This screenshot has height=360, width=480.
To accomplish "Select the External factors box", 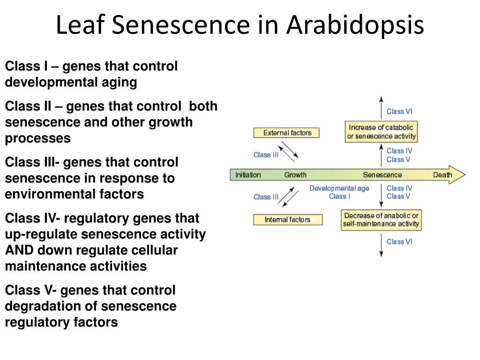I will click(286, 133).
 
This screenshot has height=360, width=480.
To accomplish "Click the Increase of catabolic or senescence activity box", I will click(381, 132).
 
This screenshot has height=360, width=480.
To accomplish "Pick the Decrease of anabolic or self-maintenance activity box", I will click(381, 220).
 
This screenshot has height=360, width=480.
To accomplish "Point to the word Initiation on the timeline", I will click(248, 175).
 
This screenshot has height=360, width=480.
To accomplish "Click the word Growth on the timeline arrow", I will click(295, 175).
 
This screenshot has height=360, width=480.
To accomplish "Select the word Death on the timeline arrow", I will click(442, 175).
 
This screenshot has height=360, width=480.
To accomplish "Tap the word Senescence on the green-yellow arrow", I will click(382, 175).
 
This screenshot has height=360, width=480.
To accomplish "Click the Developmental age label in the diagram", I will click(339, 188).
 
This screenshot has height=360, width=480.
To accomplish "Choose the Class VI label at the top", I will click(399, 112).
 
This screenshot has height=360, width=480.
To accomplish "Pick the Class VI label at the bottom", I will click(399, 242).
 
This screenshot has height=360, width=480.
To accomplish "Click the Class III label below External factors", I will click(266, 155).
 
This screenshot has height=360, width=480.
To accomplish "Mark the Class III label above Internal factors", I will click(266, 197).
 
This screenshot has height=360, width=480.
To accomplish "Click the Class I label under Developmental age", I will click(339, 196).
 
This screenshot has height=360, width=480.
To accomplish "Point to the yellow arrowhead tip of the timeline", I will click(464, 175).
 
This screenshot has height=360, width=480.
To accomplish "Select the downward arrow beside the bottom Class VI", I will click(381, 247).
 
